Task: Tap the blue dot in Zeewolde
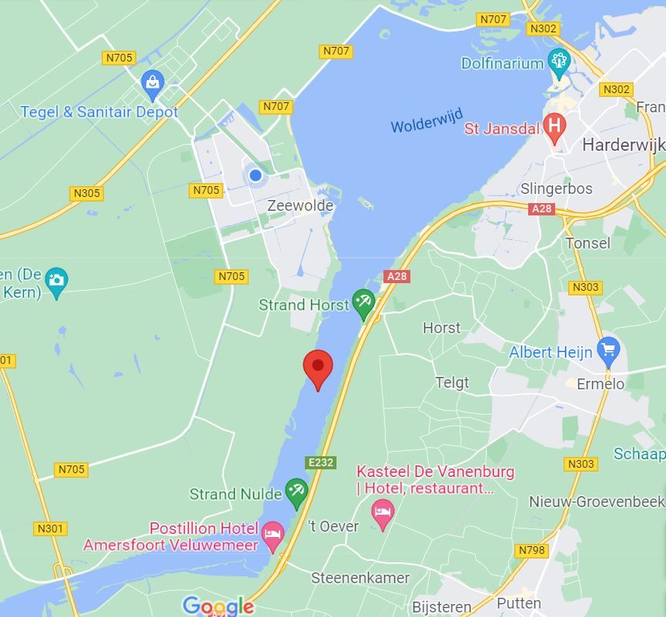click(256, 176)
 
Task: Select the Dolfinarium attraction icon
click(558, 61)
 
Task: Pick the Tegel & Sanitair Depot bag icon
click(152, 83)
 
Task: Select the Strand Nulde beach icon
click(296, 491)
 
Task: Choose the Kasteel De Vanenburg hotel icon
click(383, 512)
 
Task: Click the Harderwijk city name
click(623, 145)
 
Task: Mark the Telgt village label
click(452, 382)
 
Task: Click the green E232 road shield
click(320, 462)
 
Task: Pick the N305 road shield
click(86, 193)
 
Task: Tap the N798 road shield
click(532, 550)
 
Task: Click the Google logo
click(218, 605)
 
